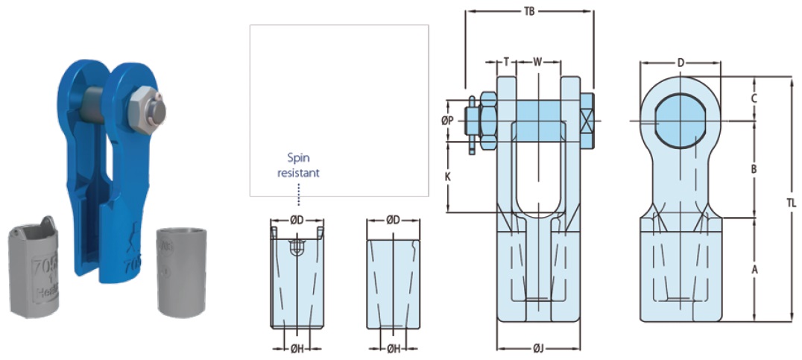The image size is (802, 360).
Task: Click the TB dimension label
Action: click(529, 11)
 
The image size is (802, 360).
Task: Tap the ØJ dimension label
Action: click(537, 347)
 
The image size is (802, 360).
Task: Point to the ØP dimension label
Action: click(446, 120)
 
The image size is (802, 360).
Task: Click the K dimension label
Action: click(447, 177)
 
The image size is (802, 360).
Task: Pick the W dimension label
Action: click(537, 62)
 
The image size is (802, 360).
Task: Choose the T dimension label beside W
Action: click(506, 62)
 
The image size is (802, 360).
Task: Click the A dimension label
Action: click(754, 269)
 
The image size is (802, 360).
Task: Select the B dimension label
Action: click(754, 169)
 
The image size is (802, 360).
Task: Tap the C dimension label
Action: click(754, 98)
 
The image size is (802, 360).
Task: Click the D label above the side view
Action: click(681, 63)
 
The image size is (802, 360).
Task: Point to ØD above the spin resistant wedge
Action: click(297, 220)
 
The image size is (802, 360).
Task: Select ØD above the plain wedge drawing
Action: click(394, 220)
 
